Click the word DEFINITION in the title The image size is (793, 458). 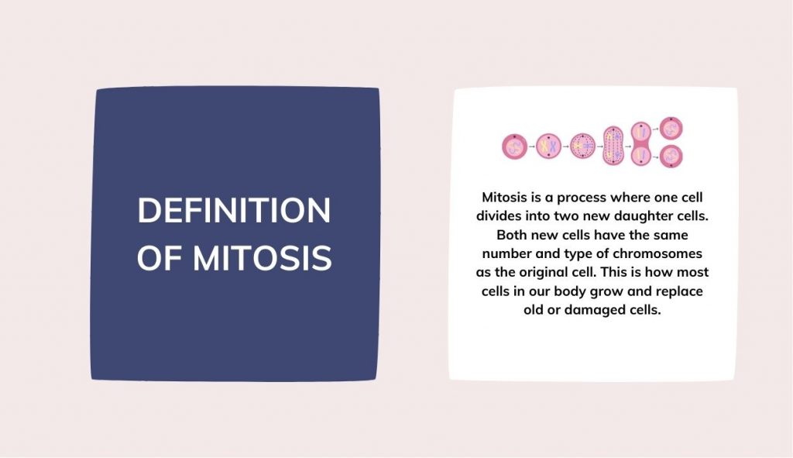point(234,211)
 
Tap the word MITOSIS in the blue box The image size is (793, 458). point(263,258)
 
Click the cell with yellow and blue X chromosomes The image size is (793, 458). point(548,145)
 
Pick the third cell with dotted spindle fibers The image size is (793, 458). point(582,145)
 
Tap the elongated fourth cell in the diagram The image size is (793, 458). point(613,145)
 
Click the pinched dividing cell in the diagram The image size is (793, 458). point(641,145)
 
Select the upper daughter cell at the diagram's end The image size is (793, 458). point(671,129)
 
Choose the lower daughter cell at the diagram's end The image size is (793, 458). point(671,157)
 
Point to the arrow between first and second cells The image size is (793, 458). point(530,145)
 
